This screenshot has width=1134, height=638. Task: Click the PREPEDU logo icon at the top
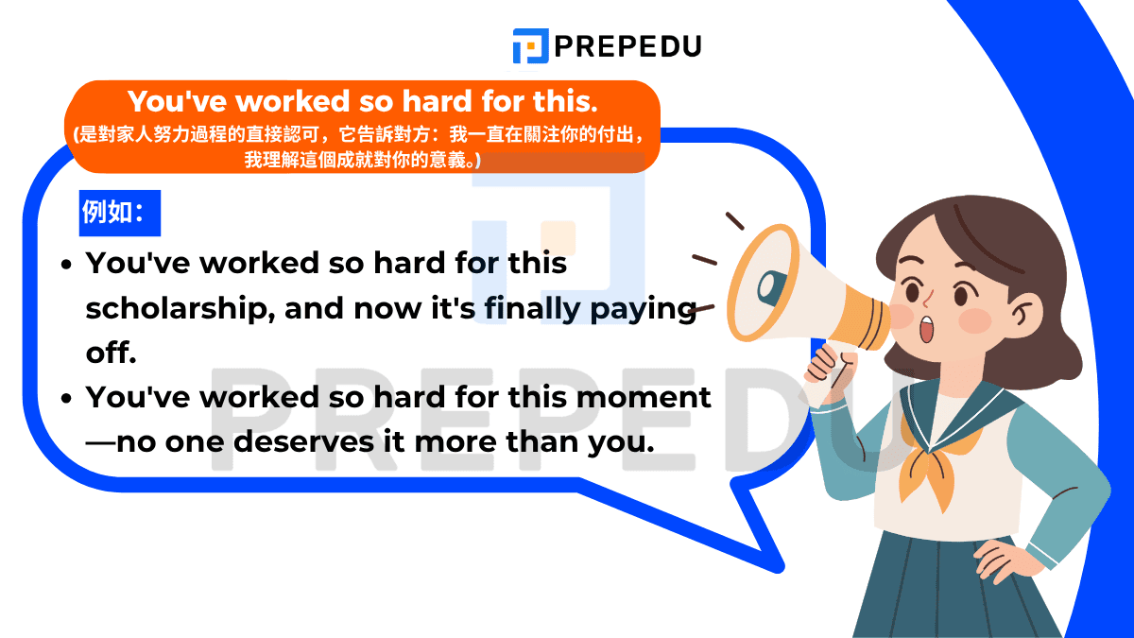pyautogui.click(x=530, y=45)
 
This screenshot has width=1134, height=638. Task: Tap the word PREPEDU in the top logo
pyautogui.click(x=628, y=45)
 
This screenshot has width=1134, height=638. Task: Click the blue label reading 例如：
pyautogui.click(x=119, y=213)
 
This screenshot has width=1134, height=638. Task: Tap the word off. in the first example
pyautogui.click(x=112, y=353)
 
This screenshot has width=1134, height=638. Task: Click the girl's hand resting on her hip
pyautogui.click(x=1005, y=549)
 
